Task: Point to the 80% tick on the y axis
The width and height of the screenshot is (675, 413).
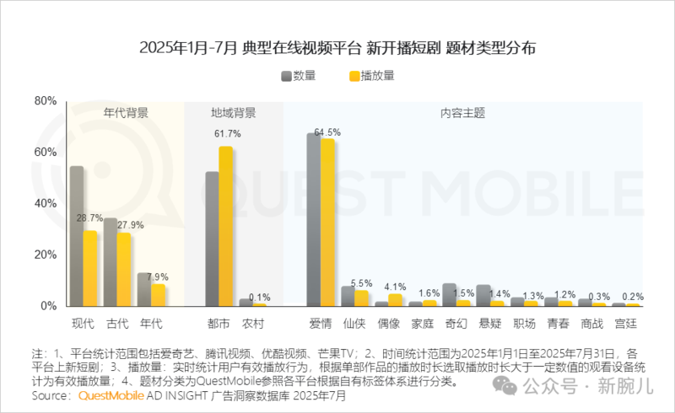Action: (x=45, y=101)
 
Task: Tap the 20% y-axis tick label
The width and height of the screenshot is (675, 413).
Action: (x=45, y=255)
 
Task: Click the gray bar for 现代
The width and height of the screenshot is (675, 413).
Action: (x=77, y=236)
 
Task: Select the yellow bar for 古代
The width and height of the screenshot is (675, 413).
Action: (x=124, y=269)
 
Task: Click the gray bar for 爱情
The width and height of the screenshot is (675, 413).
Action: (x=313, y=219)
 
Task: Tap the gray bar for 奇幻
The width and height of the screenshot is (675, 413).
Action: (x=450, y=294)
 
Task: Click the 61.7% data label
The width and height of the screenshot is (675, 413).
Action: (x=228, y=134)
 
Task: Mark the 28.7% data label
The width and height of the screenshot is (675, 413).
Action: (x=90, y=218)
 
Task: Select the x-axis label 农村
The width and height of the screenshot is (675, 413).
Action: (x=253, y=323)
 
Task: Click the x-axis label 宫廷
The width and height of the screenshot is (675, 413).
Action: (x=626, y=323)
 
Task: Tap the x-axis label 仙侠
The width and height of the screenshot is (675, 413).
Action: (x=354, y=323)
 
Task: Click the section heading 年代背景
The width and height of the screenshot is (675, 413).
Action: (x=127, y=112)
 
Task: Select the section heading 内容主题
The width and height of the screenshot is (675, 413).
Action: (x=462, y=112)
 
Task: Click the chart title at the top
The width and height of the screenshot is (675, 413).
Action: (x=337, y=47)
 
